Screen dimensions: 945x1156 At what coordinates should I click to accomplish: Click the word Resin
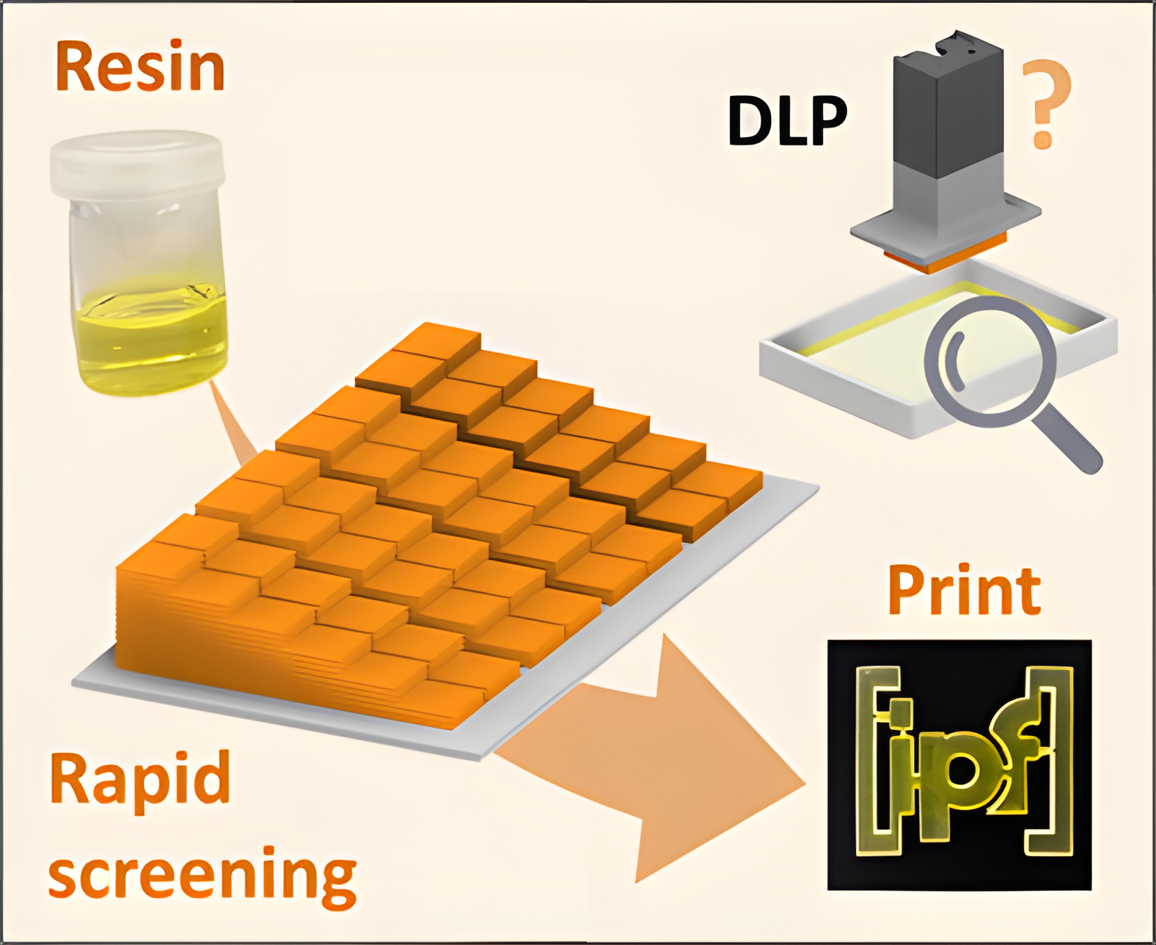click(139, 67)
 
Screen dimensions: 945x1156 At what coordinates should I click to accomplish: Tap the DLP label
click(787, 121)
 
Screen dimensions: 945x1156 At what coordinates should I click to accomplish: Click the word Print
click(964, 591)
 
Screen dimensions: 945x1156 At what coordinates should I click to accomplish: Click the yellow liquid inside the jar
click(150, 337)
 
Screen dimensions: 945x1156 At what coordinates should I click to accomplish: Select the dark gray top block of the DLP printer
click(946, 103)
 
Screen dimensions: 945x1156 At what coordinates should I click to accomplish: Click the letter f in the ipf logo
click(1016, 756)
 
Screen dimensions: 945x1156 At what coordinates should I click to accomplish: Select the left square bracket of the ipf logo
click(869, 763)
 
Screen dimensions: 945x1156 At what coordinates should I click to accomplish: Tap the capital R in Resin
click(78, 67)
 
